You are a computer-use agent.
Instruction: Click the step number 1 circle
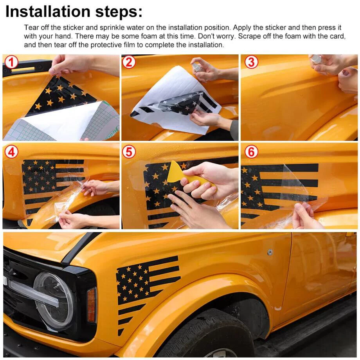point(11,63)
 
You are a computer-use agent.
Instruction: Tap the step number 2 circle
point(129,63)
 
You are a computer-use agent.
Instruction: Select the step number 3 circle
point(251,63)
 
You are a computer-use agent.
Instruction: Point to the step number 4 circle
point(11,152)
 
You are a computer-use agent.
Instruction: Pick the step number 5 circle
point(129,152)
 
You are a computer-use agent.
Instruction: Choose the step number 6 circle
point(251,152)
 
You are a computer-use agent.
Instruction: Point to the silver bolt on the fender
point(270,252)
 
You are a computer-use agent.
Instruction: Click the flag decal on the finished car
point(148,292)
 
